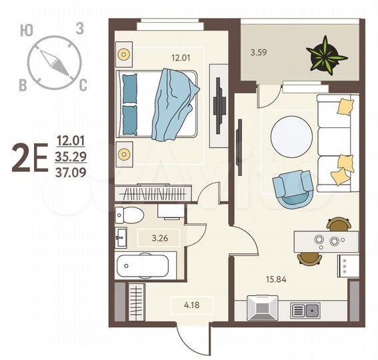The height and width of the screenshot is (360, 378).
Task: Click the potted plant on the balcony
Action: click(327, 54)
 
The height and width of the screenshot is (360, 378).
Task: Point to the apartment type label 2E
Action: click(29, 159)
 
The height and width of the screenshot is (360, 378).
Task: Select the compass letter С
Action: click(83, 85)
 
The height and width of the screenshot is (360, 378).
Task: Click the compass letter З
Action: click(79, 28)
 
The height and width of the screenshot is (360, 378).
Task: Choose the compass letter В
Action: click(23, 85)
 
